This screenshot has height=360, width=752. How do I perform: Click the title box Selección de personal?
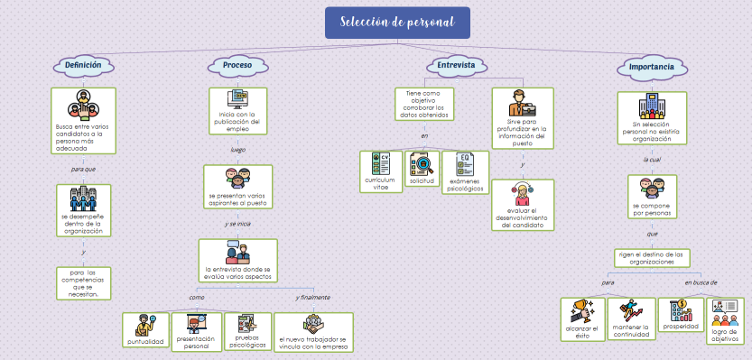397,23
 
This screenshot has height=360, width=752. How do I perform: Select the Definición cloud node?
83,65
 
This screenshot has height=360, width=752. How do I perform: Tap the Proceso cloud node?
237,65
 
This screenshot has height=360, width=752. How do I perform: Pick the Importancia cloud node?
649,67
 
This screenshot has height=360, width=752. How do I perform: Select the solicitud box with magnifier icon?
421,169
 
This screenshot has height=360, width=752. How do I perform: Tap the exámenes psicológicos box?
465,171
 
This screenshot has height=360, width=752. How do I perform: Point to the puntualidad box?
145,329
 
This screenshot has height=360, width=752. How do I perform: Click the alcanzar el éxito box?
582,320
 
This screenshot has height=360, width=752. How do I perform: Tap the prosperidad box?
680,316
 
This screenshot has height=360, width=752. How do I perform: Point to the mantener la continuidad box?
630,320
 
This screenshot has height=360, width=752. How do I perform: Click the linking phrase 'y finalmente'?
312,297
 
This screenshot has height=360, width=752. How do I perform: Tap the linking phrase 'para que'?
83,169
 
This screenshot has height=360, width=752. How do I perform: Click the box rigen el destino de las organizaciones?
652,258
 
